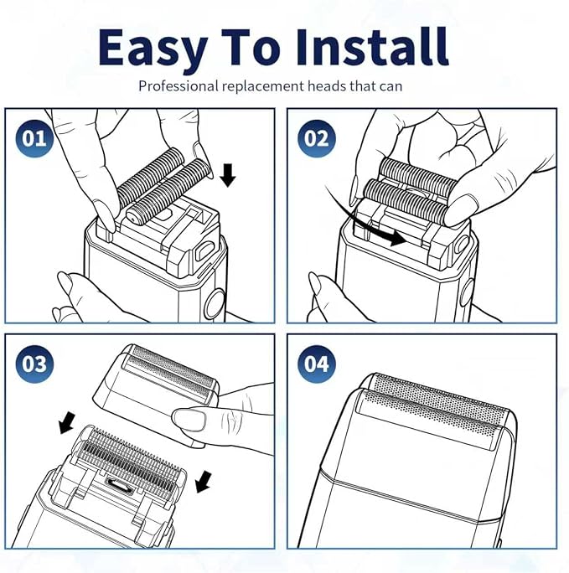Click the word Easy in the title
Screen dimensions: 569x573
pyautogui.click(x=153, y=49)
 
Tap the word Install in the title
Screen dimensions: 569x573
pyautogui.click(x=372, y=47)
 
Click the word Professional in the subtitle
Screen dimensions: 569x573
pyautogui.click(x=178, y=86)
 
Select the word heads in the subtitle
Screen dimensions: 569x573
pyautogui.click(x=326, y=86)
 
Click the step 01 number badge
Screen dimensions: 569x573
pyautogui.click(x=34, y=138)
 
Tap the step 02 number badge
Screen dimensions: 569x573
pyautogui.click(x=317, y=138)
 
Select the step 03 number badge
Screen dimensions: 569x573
pyautogui.click(x=34, y=364)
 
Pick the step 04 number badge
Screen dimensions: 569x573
pyautogui.click(x=317, y=364)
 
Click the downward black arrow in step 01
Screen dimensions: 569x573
pyautogui.click(x=228, y=175)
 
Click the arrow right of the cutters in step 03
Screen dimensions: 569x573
pyautogui.click(x=204, y=482)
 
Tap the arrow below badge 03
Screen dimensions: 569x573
pyautogui.click(x=67, y=423)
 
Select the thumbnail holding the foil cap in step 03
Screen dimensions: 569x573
pyautogui.click(x=189, y=420)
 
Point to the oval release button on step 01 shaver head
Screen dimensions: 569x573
pyautogui.click(x=204, y=250)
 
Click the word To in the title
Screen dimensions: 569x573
pyautogui.click(x=252, y=48)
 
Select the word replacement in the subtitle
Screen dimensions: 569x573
pyautogui.click(x=263, y=86)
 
